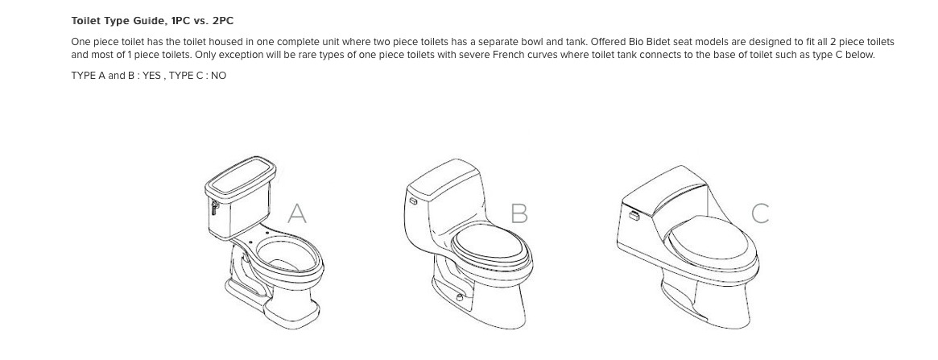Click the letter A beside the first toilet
[x=297, y=213]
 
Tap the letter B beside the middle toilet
[x=519, y=213]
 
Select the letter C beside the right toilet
[x=760, y=213]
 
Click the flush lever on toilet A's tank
[x=214, y=207]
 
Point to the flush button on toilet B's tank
[x=413, y=201]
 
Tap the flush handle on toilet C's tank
[x=634, y=215]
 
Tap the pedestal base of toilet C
[x=706, y=302]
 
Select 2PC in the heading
[x=222, y=21]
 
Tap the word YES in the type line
[x=151, y=76]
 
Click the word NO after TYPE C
[x=218, y=76]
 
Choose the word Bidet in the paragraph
[x=659, y=42]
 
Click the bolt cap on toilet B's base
[x=460, y=297]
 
